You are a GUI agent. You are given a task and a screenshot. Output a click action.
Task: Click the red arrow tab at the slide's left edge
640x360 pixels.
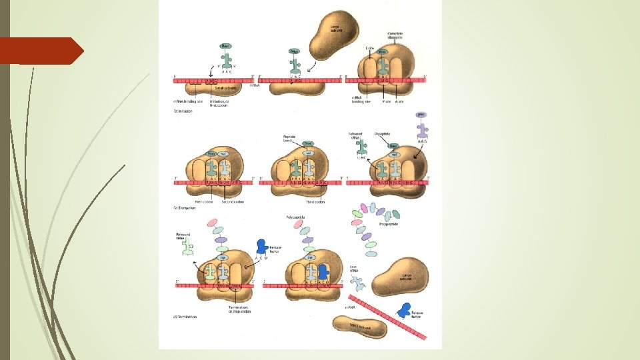pyautogui.click(x=40, y=51)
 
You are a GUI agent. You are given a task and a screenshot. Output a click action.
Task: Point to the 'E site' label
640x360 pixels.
pyautogui.click(x=371, y=49)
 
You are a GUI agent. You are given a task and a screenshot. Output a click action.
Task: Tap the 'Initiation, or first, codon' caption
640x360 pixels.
pyautogui.click(x=220, y=103)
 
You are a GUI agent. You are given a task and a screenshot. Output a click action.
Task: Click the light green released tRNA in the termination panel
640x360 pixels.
pyautogui.click(x=189, y=249)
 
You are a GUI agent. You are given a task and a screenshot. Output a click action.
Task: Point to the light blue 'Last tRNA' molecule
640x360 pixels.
pyautogui.click(x=359, y=283)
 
